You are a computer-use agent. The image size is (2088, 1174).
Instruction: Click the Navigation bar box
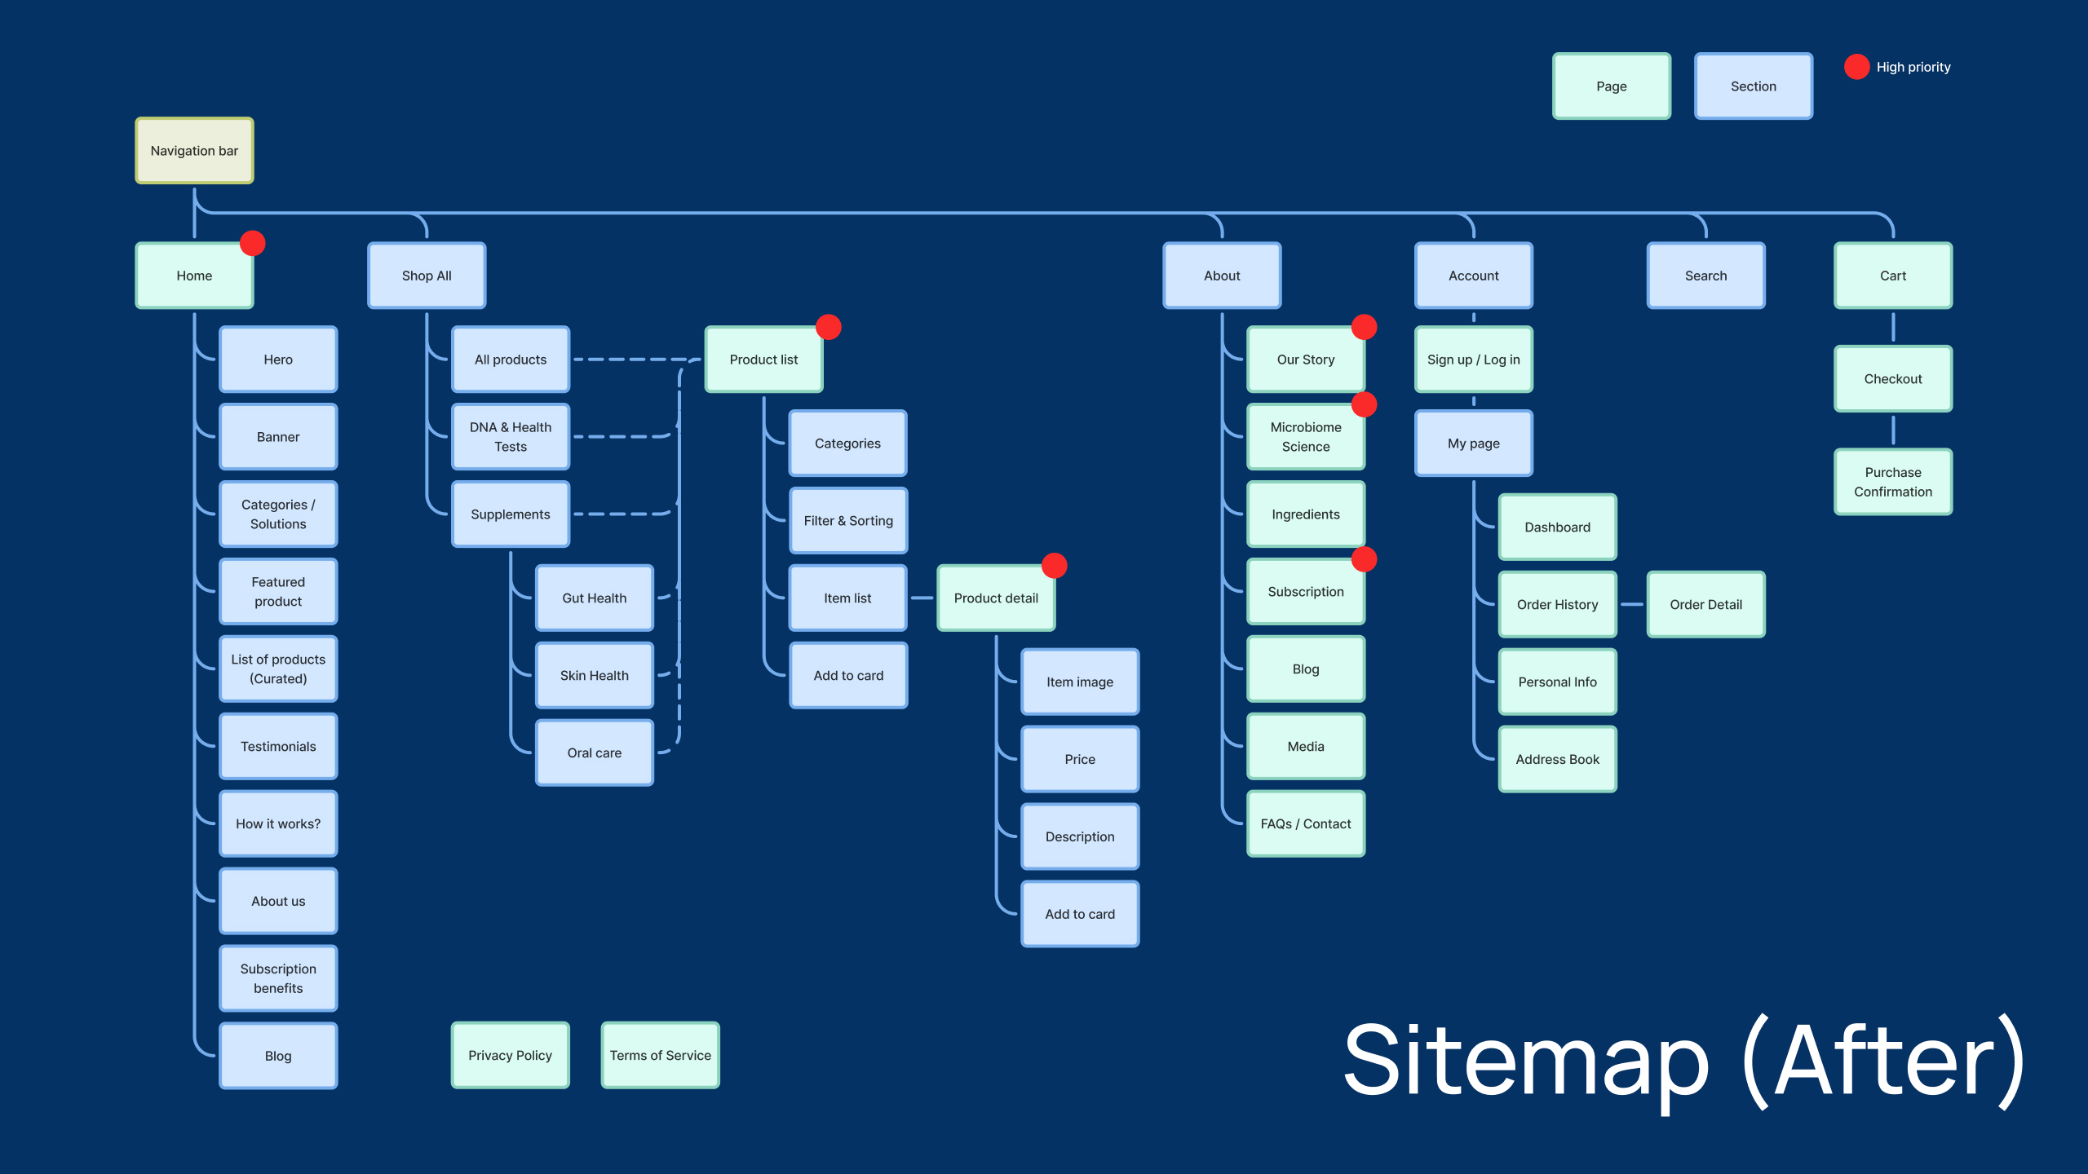pos(194,151)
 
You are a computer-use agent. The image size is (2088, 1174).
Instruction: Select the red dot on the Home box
pos(253,243)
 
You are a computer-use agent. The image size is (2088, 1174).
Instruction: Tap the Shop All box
pos(427,276)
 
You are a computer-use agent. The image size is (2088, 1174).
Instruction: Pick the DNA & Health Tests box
pos(511,437)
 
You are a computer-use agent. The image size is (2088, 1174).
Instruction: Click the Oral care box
pos(595,753)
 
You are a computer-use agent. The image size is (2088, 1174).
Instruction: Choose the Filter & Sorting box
pos(848,521)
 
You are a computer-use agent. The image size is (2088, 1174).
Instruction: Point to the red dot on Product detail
pos(1055,565)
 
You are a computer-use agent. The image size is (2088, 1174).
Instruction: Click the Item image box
pos(1080,682)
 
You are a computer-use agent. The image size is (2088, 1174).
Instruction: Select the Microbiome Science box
pos(1306,437)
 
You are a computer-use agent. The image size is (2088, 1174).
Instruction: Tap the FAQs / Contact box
pos(1306,823)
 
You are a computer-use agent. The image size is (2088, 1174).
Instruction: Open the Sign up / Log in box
pos(1474,360)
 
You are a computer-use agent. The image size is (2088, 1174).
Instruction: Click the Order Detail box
pos(1705,604)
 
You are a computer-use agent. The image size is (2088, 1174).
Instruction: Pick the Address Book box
pos(1558,759)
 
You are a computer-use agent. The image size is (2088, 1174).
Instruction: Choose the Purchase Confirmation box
pos(1893,482)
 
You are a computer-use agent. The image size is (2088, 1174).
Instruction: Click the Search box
pos(1705,276)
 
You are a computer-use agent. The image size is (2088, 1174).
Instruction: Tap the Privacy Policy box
pos(511,1055)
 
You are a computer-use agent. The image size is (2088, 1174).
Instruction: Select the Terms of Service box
pos(661,1055)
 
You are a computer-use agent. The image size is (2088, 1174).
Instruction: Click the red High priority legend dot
pos(1857,67)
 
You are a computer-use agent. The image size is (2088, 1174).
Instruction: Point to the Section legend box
pos(1754,86)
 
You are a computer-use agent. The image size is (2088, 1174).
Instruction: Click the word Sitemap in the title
pos(1525,1060)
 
